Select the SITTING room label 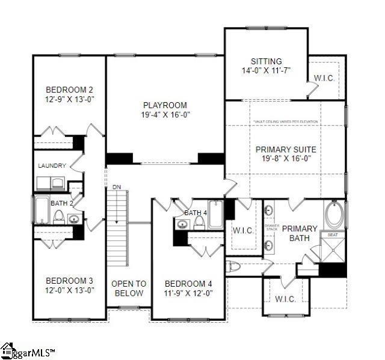(266, 61)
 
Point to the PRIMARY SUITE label (286, 149)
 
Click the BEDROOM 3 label (70, 281)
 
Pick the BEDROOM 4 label (188, 283)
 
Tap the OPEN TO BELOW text (129, 288)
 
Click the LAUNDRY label (51, 166)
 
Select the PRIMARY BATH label (299, 233)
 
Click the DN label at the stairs (117, 188)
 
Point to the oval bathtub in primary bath (334, 215)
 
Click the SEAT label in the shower (332, 234)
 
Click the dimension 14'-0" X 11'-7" (266, 70)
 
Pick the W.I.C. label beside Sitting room (324, 79)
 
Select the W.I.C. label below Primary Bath (285, 299)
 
